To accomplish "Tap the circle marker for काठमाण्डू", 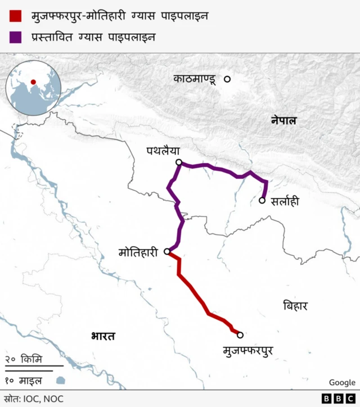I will coord(227,79).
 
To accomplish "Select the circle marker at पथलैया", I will coord(179,162).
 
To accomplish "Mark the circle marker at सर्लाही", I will coord(262,200).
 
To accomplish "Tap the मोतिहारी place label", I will coord(138,252).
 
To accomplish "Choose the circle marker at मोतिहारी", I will coord(167,252).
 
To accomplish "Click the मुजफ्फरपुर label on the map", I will coord(247,351).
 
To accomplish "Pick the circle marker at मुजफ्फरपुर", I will coord(240,335).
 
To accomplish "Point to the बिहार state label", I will coord(295,306).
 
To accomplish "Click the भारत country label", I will coord(103,337).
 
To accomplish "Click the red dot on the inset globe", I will coord(34,82).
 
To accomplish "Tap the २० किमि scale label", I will coord(23,359).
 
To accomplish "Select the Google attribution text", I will coord(342,383).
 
